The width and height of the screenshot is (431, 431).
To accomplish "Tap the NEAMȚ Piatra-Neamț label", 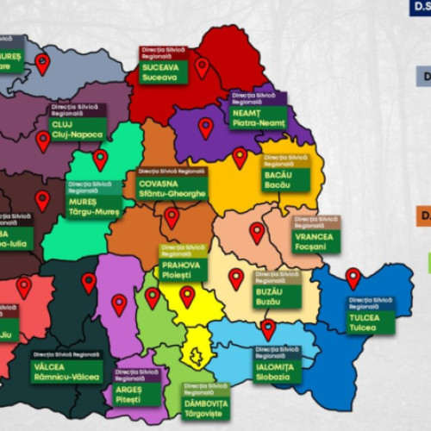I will [x=259, y=117].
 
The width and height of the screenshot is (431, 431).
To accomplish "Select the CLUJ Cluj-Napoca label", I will [x=72, y=129].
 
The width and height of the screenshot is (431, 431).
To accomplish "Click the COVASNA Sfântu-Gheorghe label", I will [x=172, y=188].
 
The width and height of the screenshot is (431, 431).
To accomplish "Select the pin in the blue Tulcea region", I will [x=353, y=277].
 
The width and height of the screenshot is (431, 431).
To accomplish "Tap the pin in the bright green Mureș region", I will [x=100, y=158].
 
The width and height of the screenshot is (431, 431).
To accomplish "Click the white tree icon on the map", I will [x=197, y=355].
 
